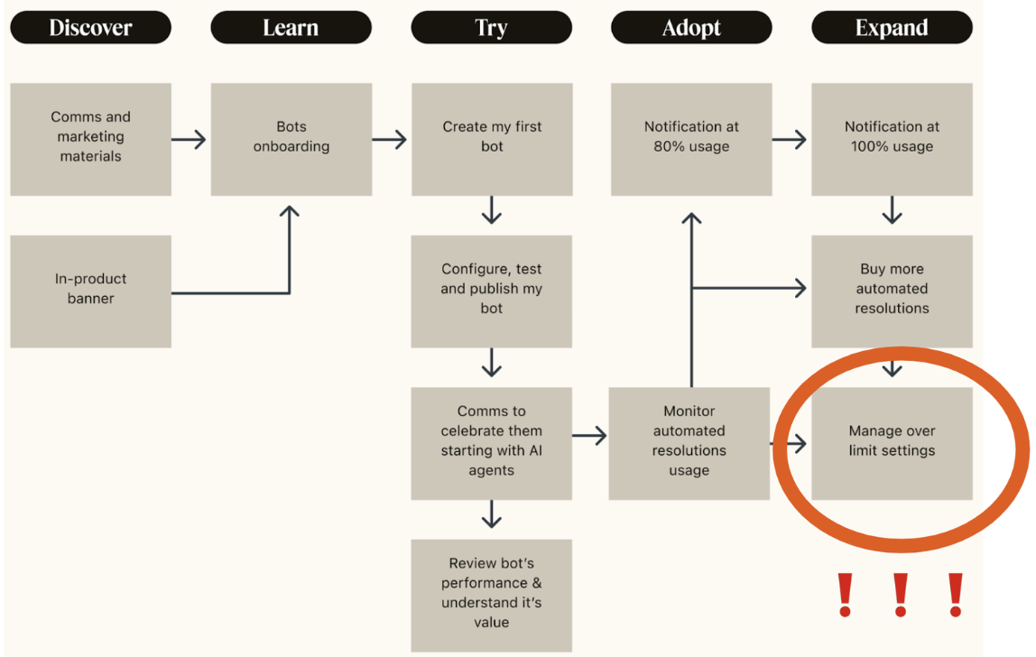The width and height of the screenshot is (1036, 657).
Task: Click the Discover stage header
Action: (90, 28)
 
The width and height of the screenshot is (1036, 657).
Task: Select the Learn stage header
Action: (291, 28)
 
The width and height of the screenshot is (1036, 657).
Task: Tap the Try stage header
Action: (491, 28)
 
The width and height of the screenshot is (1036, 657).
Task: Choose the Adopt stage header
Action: (691, 28)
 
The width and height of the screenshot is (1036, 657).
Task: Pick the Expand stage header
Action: (892, 28)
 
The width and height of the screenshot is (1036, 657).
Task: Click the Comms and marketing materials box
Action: (90, 139)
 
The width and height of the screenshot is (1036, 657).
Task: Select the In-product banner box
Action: (90, 291)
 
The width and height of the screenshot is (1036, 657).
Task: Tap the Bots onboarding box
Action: (291, 139)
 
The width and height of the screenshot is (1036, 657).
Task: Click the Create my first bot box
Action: (491, 139)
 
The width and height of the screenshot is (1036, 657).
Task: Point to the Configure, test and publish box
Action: (491, 291)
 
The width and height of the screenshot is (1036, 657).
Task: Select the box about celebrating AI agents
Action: (491, 443)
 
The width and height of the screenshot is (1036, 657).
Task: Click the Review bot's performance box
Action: (491, 595)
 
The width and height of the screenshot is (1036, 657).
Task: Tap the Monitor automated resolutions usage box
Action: (689, 443)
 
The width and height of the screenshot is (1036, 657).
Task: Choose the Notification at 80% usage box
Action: (691, 139)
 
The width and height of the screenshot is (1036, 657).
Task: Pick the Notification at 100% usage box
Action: (892, 139)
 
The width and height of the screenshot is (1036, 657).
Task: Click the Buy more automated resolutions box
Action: (892, 291)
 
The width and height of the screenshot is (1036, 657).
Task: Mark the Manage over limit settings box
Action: (892, 443)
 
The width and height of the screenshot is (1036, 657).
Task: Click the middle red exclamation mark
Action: (900, 595)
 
